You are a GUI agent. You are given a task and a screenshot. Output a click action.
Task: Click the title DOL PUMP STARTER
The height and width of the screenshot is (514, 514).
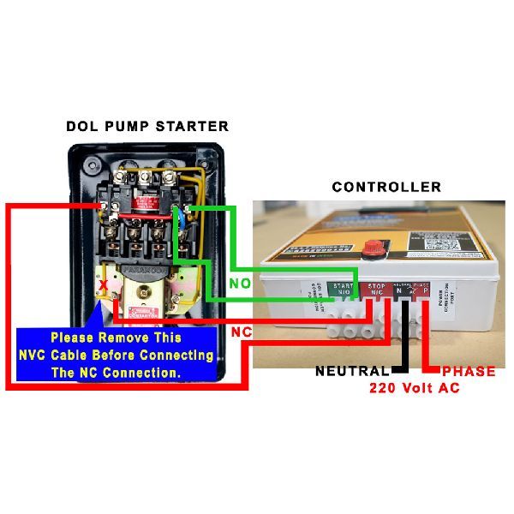pyautogui.click(x=147, y=126)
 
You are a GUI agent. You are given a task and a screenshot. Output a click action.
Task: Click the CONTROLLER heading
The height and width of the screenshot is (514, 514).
pyautogui.click(x=386, y=187)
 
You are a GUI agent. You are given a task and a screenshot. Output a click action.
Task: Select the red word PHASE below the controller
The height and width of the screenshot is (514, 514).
pyautogui.click(x=468, y=372)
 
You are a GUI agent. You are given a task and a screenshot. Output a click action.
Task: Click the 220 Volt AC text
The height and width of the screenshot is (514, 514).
pyautogui.click(x=415, y=388)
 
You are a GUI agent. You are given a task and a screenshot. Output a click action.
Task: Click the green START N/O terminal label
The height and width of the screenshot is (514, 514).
pyautogui.click(x=343, y=290)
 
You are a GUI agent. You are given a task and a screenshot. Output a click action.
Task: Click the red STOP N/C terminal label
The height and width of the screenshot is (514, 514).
pyautogui.click(x=375, y=290)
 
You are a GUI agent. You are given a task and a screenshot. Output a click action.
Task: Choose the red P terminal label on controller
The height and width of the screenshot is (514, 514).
pyautogui.click(x=425, y=290)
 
